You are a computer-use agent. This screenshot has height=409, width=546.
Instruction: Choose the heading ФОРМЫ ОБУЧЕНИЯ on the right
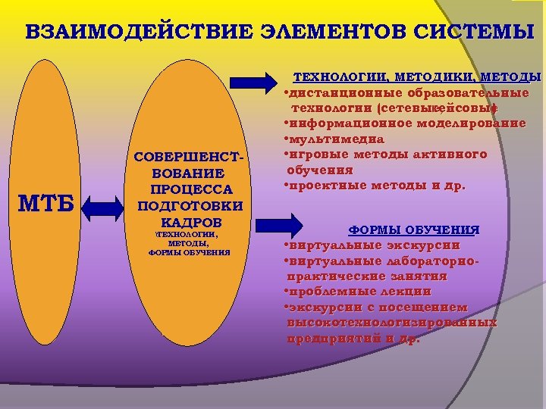414,229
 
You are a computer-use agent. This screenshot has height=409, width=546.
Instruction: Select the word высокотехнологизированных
392,323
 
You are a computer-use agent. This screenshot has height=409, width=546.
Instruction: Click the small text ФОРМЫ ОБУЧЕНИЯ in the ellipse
189,252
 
